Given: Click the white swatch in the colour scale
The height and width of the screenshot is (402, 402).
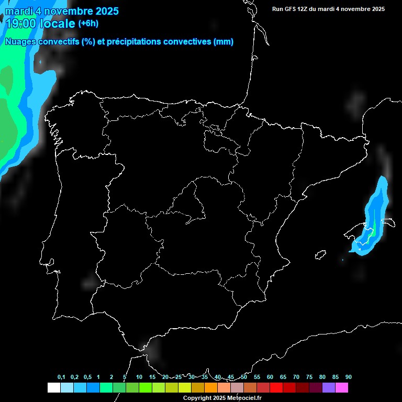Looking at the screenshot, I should [x=53, y=388].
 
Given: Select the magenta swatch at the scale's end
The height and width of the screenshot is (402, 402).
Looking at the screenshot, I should [x=342, y=388].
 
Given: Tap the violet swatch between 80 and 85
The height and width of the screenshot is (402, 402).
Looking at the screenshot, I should [x=329, y=388].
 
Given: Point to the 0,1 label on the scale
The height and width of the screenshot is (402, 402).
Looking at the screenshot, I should [x=61, y=377].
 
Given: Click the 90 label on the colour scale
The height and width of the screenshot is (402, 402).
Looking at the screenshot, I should [x=348, y=377].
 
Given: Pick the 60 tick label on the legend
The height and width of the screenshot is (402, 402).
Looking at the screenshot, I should [x=270, y=377].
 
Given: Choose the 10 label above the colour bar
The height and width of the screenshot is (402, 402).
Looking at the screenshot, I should [x=139, y=377].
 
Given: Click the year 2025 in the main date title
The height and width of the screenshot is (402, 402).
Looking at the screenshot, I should [x=107, y=11].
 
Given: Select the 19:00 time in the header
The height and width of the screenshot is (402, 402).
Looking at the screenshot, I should [x=20, y=24].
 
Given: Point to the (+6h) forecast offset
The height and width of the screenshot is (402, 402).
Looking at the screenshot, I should [x=88, y=24].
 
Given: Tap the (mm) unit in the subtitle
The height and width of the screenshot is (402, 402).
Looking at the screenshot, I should [x=224, y=42].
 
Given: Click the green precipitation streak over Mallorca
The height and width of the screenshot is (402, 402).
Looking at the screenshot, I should [x=372, y=230].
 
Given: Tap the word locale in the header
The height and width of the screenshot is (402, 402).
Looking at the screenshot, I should [x=57, y=24].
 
